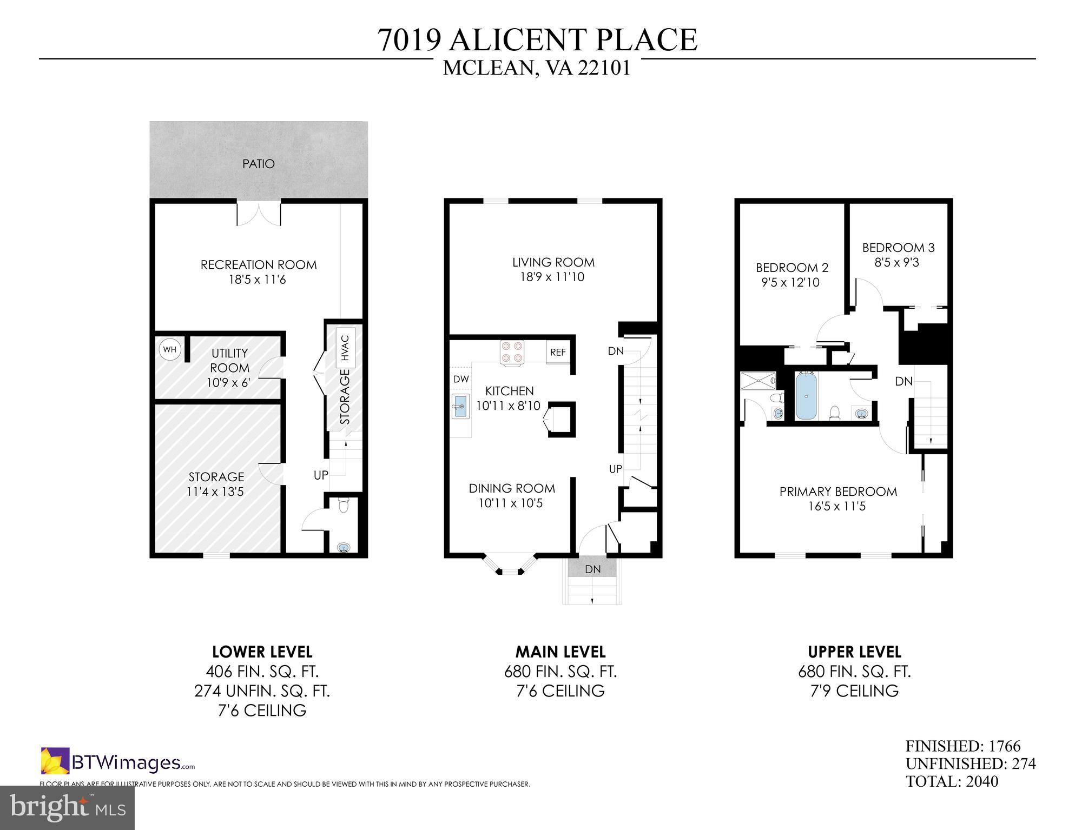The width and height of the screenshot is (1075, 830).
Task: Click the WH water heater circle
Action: pyautogui.click(x=169, y=349)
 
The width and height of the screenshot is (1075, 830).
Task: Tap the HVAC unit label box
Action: pyautogui.click(x=345, y=348)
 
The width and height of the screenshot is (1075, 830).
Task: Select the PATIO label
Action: pyautogui.click(x=259, y=163)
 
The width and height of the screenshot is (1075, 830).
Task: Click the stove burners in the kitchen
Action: pyautogui.click(x=512, y=351)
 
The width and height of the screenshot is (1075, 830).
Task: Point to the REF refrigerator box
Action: pyautogui.click(x=558, y=352)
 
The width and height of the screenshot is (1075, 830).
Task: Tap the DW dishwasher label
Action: pyautogui.click(x=461, y=379)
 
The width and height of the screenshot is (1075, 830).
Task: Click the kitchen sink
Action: pyautogui.click(x=460, y=407)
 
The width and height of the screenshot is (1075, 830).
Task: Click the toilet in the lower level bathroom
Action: pyautogui.click(x=342, y=505)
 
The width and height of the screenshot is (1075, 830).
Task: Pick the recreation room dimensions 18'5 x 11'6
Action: pyautogui.click(x=258, y=280)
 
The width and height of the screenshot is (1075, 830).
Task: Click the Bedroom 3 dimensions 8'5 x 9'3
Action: pyautogui.click(x=897, y=262)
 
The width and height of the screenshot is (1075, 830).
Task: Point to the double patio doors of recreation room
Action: pyautogui.click(x=259, y=214)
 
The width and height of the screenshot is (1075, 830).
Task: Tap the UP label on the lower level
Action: pyautogui.click(x=321, y=475)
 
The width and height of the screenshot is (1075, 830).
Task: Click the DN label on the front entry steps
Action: pyautogui.click(x=592, y=569)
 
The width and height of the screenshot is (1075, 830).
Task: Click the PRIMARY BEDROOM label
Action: pyautogui.click(x=837, y=492)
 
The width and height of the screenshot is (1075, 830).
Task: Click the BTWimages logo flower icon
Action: pyautogui.click(x=55, y=761)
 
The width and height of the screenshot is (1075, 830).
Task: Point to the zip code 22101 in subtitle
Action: pyautogui.click(x=604, y=69)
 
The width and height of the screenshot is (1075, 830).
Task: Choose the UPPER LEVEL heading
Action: pyautogui.click(x=854, y=652)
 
